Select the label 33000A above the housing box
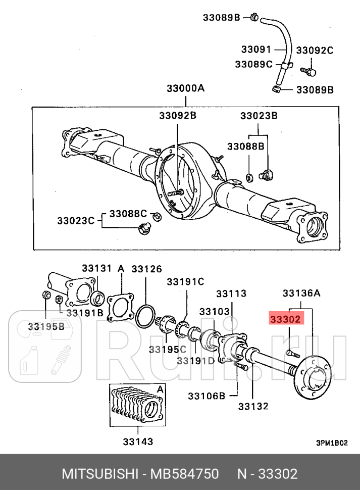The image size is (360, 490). pyautogui.click(x=185, y=89)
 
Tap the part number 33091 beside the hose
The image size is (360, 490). pyautogui.click(x=256, y=50)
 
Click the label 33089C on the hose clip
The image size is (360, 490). pyautogui.click(x=253, y=64)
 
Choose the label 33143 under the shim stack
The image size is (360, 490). pyautogui.click(x=137, y=442)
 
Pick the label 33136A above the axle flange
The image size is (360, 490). pyautogui.click(x=301, y=293)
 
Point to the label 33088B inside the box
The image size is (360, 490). pyautogui.click(x=245, y=146)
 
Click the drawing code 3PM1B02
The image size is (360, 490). pyautogui.click(x=332, y=443)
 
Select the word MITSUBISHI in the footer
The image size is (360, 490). pyautogui.click(x=99, y=474)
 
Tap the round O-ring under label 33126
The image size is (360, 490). pyautogui.click(x=146, y=316)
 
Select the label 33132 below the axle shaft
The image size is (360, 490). pyautogui.click(x=253, y=406)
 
